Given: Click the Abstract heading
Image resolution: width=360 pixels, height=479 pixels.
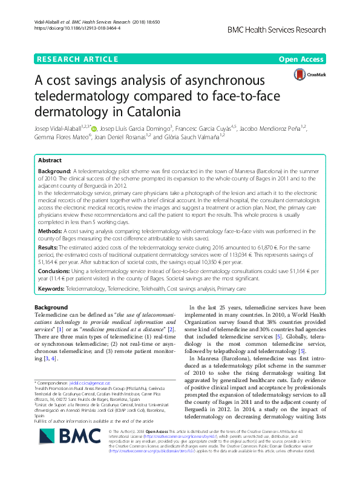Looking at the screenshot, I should tap(49, 160).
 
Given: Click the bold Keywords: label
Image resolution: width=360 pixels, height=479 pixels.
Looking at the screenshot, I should tap(53, 290).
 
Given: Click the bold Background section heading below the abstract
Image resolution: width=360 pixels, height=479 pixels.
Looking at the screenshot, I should tap(51, 308).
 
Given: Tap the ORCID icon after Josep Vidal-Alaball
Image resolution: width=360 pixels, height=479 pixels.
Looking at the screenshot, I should tap(93, 128).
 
